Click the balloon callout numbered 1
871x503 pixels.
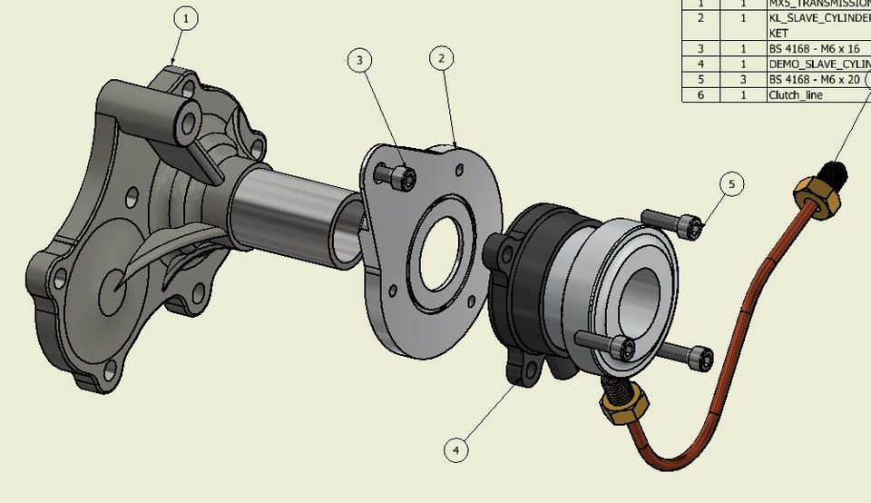pyautogui.click(x=185, y=18)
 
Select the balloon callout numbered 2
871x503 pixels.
pyautogui.click(x=441, y=59)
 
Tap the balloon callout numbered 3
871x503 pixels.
pyautogui.click(x=360, y=61)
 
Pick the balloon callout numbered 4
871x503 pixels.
pyautogui.click(x=456, y=449)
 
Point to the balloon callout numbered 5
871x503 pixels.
pyautogui.click(x=732, y=184)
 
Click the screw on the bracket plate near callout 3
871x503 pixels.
pyautogui.click(x=396, y=176)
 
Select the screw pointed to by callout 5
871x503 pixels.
pyautogui.click(x=673, y=222)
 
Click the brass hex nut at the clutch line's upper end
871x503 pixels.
pyautogui.click(x=814, y=197)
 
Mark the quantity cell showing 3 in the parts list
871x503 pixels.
pyautogui.click(x=743, y=79)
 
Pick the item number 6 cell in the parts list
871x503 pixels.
pyautogui.click(x=700, y=94)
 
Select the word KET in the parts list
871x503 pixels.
pyautogui.click(x=778, y=33)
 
